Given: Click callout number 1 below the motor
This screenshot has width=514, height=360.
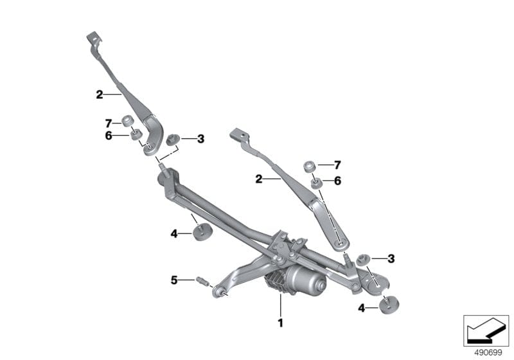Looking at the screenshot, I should tap(280, 322).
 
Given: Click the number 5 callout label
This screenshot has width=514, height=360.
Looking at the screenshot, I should tap(173, 280).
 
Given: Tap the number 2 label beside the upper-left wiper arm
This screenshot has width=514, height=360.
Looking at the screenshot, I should tap(99, 94).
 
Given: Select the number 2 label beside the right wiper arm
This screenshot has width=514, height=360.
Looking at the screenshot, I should tap(259, 179).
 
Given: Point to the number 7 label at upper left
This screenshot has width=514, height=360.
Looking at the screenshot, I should tap(108, 122).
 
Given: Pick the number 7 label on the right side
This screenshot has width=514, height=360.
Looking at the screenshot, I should tap(337, 165).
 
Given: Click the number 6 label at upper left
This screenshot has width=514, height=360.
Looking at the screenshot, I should tap(108, 135).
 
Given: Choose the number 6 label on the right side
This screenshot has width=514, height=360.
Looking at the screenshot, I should tap(337, 181).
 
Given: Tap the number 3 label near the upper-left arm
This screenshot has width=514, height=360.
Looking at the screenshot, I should tap(200, 138).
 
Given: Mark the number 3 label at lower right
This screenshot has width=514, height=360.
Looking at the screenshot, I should tap(391, 258).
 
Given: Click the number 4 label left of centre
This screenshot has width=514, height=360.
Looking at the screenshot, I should tap(173, 233).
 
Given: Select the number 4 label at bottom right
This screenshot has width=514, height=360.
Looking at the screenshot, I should tap(362, 309).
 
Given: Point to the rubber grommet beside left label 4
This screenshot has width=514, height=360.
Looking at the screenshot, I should tap(203, 231).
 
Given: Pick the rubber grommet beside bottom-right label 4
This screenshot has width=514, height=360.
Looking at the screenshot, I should tap(389, 305).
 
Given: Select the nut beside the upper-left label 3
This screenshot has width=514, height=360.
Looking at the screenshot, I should tap(172, 139).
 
